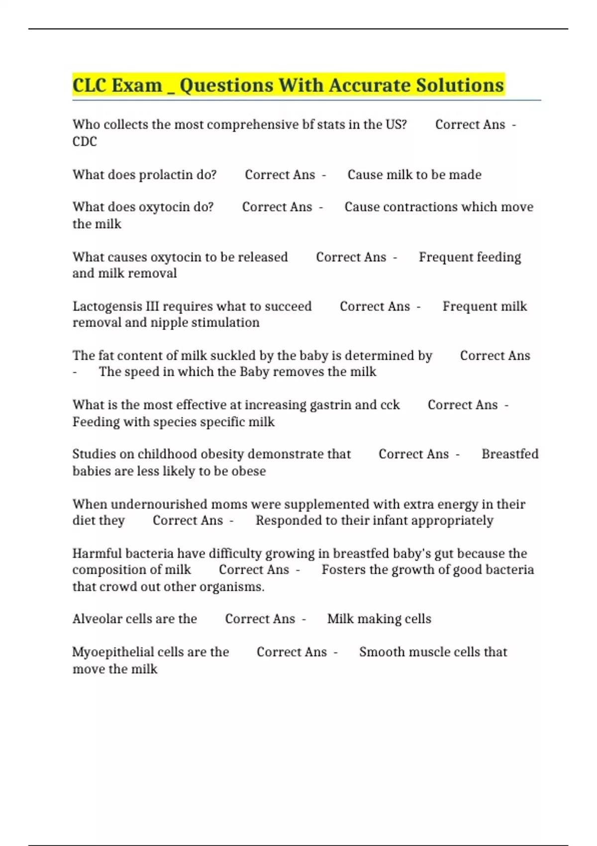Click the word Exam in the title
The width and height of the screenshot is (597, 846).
(x=137, y=86)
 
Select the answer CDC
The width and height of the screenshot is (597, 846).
(x=85, y=142)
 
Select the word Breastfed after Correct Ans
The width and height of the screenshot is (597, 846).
(x=510, y=454)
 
